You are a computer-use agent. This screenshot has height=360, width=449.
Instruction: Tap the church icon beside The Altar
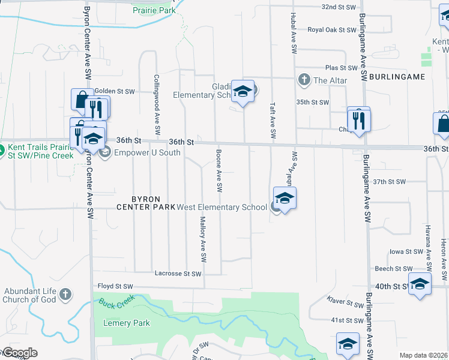coord(304,80)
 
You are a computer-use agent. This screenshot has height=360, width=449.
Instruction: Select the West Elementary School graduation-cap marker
coord(285,198)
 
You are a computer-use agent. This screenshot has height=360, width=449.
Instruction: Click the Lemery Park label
coord(125,323)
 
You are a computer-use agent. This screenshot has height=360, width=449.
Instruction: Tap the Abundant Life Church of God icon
coord(65,295)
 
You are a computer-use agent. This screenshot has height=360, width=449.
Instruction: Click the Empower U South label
coord(139,152)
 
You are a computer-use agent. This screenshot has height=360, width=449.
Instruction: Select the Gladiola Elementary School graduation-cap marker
coord(243,91)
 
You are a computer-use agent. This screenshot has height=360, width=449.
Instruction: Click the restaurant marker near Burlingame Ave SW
coord(359,119)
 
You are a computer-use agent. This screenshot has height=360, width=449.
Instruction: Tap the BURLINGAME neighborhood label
coord(397,77)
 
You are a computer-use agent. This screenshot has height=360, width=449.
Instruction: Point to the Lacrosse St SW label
coord(178,274)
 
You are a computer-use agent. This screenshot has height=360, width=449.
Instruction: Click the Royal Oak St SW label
coord(332,29)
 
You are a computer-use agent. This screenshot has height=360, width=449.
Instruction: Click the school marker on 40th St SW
coord(420,283)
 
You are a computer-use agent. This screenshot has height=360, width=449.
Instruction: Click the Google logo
coord(19,353)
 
